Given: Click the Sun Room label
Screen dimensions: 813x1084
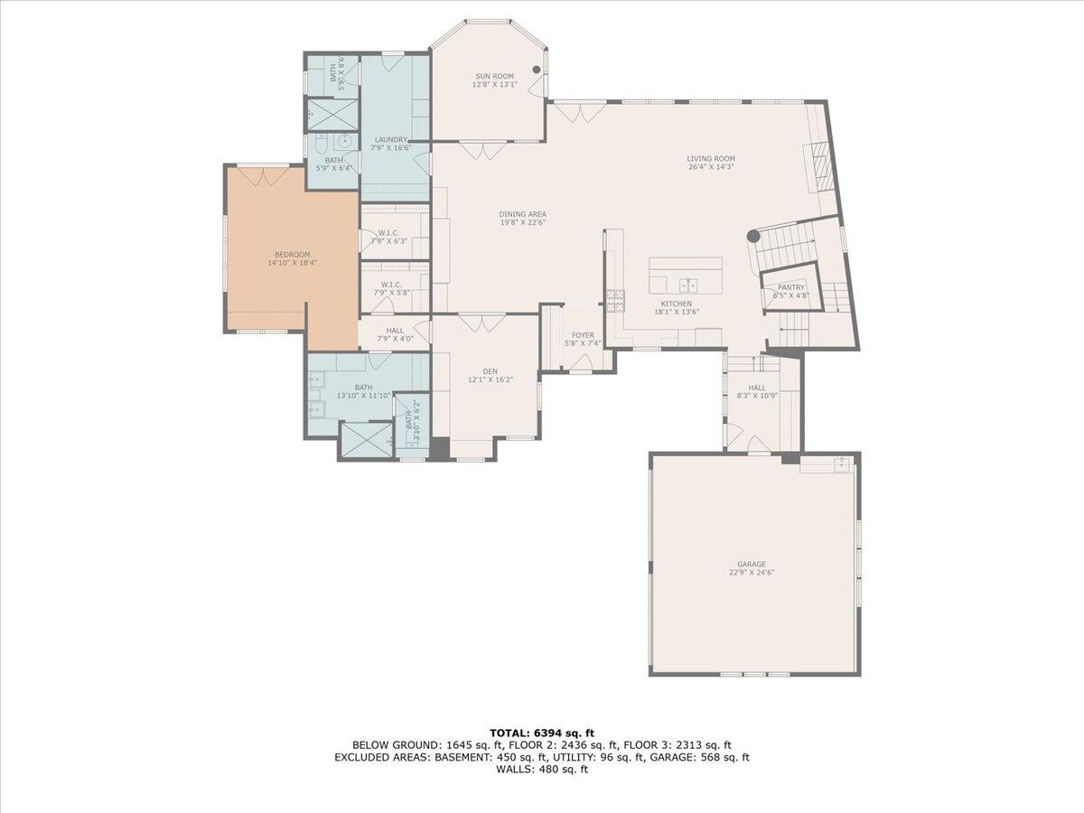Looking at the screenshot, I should pyautogui.click(x=494, y=76).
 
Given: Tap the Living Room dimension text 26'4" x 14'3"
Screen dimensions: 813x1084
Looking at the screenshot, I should pyautogui.click(x=711, y=167).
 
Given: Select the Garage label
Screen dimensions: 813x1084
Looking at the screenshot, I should pyautogui.click(x=753, y=564).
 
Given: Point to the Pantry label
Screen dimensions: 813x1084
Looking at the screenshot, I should pyautogui.click(x=790, y=287).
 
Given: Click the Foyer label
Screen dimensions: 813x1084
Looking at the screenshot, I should pyautogui.click(x=583, y=334).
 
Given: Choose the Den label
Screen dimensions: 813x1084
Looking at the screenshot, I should pyautogui.click(x=490, y=371).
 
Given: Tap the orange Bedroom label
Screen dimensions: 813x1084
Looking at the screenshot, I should pyautogui.click(x=292, y=255).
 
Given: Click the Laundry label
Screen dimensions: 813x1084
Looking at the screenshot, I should pyautogui.click(x=391, y=140).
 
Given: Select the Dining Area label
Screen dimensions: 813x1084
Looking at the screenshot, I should pyautogui.click(x=523, y=214).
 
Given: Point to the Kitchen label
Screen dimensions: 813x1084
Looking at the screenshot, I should pyautogui.click(x=676, y=304).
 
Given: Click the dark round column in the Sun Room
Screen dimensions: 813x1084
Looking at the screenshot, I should pyautogui.click(x=537, y=70).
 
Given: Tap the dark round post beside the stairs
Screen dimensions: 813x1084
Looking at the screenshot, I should pyautogui.click(x=752, y=237).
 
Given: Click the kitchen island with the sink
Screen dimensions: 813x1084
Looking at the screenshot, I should pyautogui.click(x=686, y=275).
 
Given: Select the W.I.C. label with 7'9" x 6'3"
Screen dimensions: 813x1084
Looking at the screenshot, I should pyautogui.click(x=390, y=232).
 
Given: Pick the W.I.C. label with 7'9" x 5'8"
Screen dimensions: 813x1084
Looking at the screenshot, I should pyautogui.click(x=390, y=285).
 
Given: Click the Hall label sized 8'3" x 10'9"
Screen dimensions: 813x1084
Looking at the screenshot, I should pyautogui.click(x=757, y=388).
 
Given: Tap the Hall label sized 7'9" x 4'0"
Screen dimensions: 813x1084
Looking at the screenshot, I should pyautogui.click(x=395, y=331).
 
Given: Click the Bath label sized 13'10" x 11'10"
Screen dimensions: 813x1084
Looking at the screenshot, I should pyautogui.click(x=363, y=387).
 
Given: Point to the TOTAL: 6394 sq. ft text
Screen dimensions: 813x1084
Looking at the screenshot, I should pyautogui.click(x=542, y=733).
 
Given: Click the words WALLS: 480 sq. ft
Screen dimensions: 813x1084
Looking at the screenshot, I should pyautogui.click(x=542, y=770).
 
